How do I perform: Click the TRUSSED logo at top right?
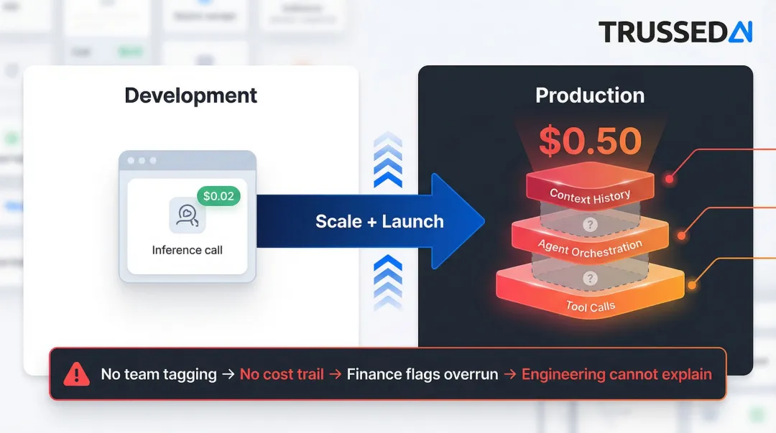(x=675, y=32)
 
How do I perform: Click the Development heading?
(x=190, y=96)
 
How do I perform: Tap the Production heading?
(x=590, y=96)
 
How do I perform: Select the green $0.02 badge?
(x=218, y=196)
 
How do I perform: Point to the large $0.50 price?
(x=590, y=142)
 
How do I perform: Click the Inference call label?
(x=187, y=250)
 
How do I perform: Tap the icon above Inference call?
(x=187, y=215)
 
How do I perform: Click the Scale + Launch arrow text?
(x=379, y=221)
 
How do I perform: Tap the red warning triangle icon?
(x=75, y=374)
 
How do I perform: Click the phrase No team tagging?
(x=159, y=374)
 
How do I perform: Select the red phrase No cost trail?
(x=282, y=374)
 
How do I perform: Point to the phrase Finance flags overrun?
(x=422, y=374)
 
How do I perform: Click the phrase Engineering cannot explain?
(x=616, y=374)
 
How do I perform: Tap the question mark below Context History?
(x=590, y=225)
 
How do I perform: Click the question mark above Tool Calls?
(x=590, y=278)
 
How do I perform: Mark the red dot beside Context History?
(x=670, y=179)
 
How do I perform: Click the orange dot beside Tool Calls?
(x=692, y=285)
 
